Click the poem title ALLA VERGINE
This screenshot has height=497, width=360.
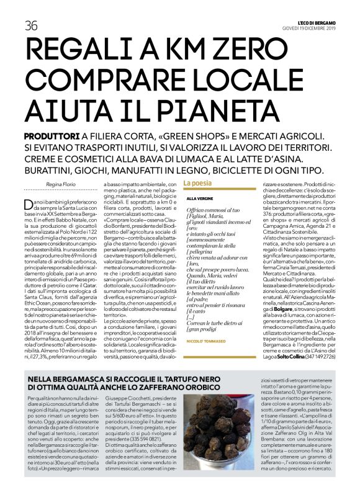pos(200,198)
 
